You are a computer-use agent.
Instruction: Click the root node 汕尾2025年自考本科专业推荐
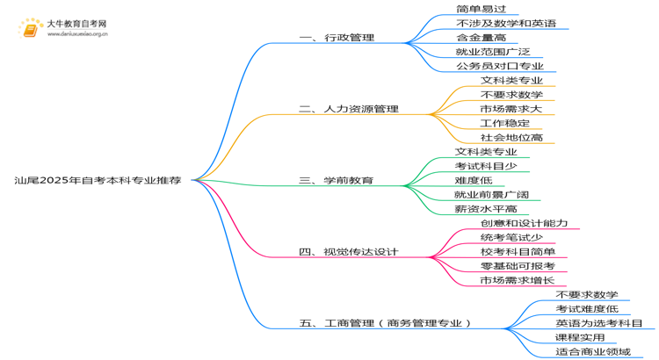[98, 180]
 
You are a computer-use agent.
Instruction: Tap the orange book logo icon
[30, 29]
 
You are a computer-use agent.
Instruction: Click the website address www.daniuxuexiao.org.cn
[77, 34]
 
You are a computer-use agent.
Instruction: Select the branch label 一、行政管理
[337, 38]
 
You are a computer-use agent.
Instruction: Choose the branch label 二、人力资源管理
[349, 109]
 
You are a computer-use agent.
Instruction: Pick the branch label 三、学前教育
[337, 181]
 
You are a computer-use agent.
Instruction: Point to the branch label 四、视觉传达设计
[349, 252]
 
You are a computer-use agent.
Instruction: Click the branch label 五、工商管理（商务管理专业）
[385, 323]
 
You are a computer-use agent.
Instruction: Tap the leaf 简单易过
[482, 9]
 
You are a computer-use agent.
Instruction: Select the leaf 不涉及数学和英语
[506, 23]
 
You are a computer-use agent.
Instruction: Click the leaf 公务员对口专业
[500, 66]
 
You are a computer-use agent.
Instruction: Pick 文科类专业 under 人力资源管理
[511, 80]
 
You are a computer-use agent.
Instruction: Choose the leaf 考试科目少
[486, 166]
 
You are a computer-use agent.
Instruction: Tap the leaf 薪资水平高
[486, 209]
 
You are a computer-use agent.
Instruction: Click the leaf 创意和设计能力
[524, 223]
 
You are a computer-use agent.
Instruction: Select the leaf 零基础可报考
[518, 266]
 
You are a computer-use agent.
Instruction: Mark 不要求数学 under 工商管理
[587, 294]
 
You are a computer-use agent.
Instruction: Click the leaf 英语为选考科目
[599, 323]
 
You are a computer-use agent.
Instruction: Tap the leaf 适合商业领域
[593, 351]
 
